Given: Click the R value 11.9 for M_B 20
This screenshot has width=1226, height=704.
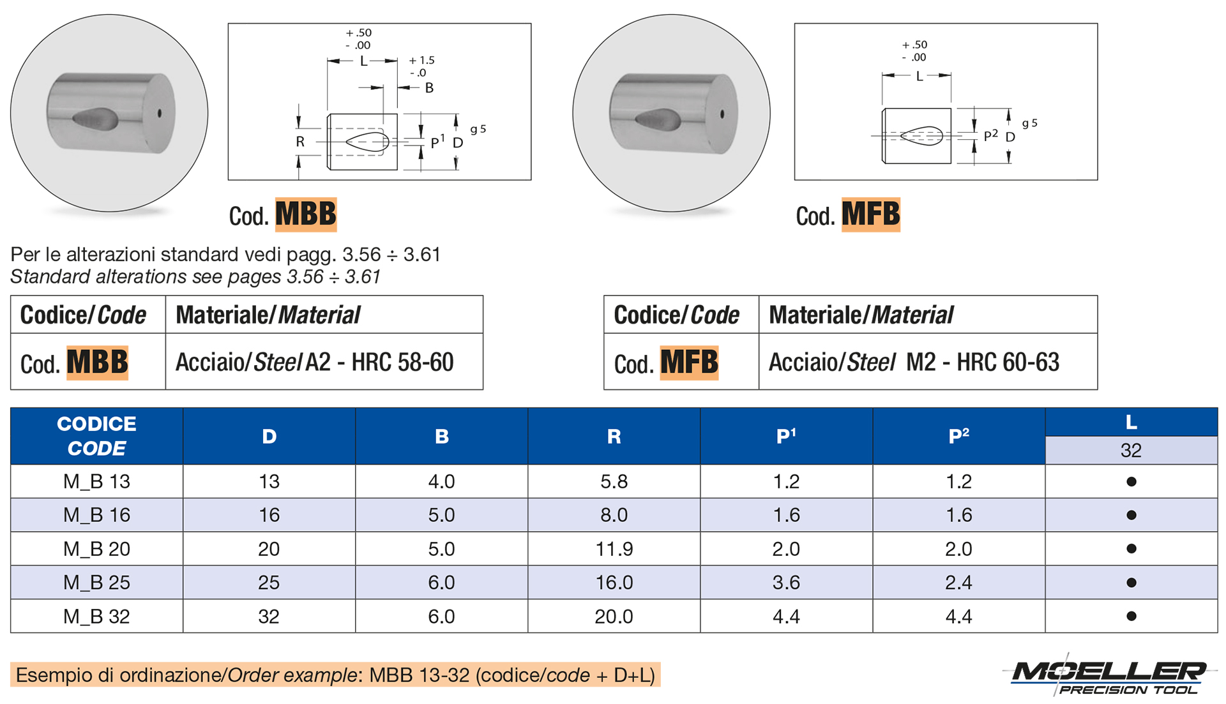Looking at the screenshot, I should [614, 549].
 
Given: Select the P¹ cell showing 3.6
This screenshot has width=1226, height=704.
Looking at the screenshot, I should [786, 583].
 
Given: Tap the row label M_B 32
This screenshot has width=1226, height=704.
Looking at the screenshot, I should [96, 617].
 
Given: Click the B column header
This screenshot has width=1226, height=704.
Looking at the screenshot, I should [441, 437].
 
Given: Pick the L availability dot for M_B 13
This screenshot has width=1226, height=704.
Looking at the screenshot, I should [1131, 482].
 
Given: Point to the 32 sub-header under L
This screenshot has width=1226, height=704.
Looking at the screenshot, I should [1131, 451].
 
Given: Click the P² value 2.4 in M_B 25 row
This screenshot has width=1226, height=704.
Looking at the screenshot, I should [958, 583].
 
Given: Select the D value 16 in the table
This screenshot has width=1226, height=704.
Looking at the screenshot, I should [269, 515].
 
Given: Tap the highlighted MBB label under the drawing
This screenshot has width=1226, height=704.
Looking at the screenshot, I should [306, 214].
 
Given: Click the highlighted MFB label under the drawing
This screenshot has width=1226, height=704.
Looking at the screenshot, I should [870, 214].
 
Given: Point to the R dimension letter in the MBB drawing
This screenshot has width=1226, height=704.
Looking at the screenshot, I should [300, 142].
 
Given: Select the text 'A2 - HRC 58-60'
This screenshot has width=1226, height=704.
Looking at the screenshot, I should [379, 363].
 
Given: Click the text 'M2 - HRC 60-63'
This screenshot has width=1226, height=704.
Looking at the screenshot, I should [982, 363].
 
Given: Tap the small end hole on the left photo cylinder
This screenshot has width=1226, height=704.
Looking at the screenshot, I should [160, 114].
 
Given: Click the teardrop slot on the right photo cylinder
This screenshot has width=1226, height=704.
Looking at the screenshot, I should [658, 119].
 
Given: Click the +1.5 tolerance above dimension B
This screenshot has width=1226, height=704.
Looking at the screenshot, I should [422, 61].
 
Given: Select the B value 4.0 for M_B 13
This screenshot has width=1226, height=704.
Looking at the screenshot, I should [441, 482].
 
